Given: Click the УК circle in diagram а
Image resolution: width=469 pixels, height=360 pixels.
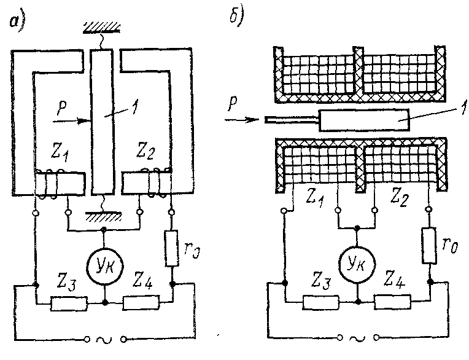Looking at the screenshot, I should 104,264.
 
